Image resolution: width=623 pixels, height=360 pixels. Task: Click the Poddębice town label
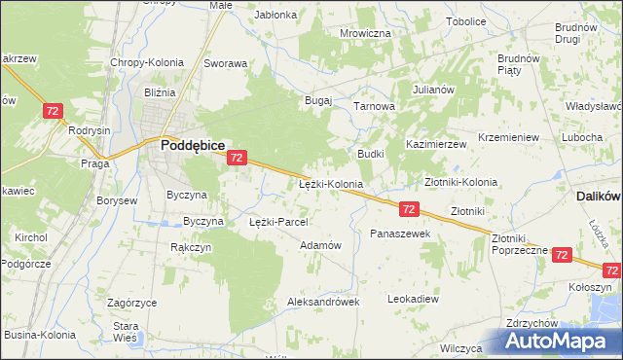click(x=194, y=144)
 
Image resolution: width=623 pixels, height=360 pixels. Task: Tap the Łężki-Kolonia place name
click(x=330, y=183)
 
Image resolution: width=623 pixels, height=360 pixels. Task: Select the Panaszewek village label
click(x=400, y=234)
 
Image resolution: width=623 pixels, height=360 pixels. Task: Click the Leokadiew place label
click(x=413, y=299)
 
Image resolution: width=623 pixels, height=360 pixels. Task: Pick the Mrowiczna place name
click(x=365, y=33)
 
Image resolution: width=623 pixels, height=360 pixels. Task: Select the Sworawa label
click(x=225, y=63)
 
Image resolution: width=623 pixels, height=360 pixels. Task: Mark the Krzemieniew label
click(x=509, y=138)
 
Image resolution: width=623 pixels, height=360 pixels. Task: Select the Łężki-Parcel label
click(x=278, y=222)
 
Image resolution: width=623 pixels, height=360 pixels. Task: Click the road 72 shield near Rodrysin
click(x=54, y=113)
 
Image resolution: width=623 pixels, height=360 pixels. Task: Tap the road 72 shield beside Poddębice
click(x=237, y=157)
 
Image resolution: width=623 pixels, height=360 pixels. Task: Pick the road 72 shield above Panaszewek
click(x=409, y=209)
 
